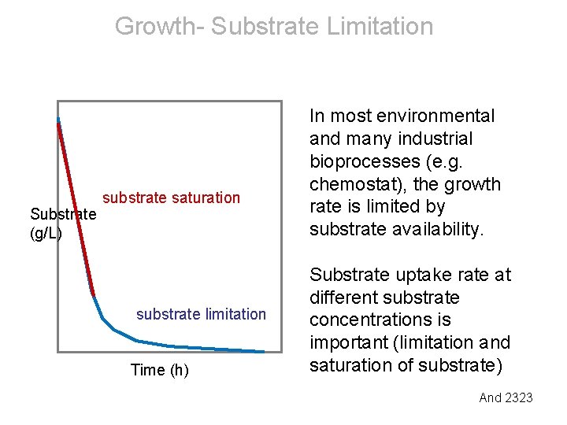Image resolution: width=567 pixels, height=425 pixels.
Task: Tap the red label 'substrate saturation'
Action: tap(171, 198)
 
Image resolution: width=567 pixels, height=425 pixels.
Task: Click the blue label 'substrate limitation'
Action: tap(201, 314)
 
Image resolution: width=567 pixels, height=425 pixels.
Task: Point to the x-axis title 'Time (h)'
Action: tap(159, 370)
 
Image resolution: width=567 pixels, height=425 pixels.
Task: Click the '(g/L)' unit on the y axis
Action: tap(46, 234)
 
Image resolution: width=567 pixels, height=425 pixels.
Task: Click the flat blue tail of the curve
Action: tap(213, 348)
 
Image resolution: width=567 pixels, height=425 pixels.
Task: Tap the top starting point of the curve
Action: tap(58, 120)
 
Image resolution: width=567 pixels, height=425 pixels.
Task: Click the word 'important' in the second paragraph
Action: tap(347, 343)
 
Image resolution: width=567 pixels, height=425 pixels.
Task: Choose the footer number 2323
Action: tap(519, 397)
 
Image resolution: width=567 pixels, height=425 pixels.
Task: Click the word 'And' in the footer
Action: tap(491, 397)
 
